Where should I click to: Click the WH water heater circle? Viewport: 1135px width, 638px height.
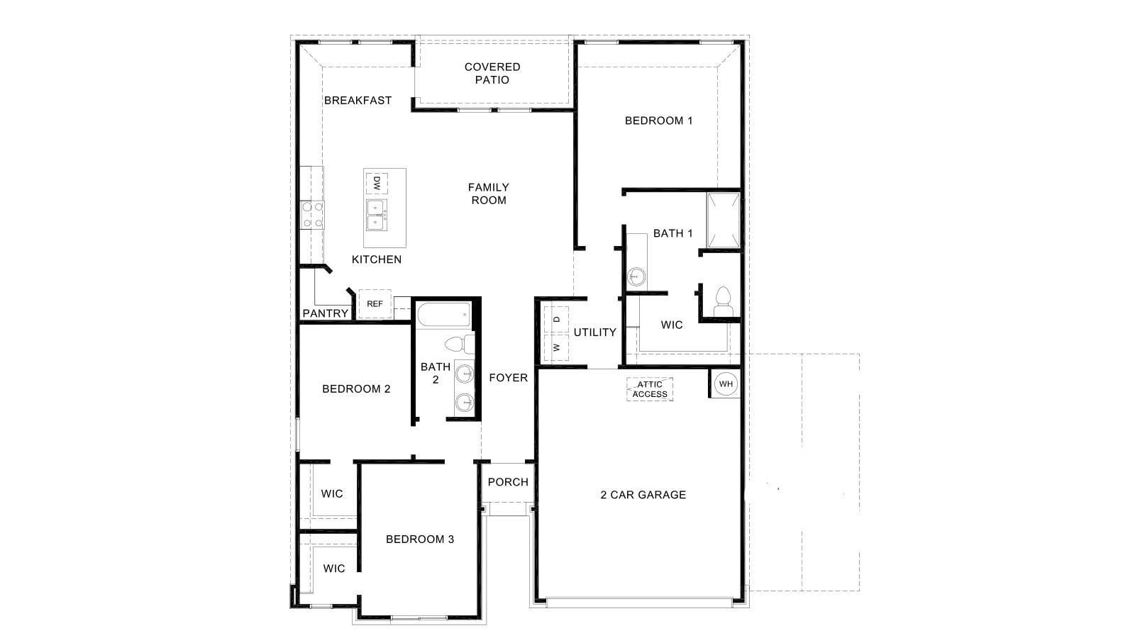point(725,384)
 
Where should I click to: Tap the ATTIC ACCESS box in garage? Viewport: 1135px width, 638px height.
point(650,389)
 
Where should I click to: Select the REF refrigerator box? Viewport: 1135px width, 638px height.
point(375,304)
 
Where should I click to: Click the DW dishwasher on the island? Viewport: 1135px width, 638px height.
point(377,183)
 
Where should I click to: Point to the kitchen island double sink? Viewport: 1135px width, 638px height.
point(376,215)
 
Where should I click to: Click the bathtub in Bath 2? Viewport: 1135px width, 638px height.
point(443,313)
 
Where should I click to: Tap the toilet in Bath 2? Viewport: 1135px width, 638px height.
point(458,345)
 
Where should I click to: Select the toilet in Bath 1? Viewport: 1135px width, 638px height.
point(722,301)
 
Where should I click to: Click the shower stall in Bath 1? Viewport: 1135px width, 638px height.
point(724,220)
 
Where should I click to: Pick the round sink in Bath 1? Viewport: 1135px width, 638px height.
point(636,276)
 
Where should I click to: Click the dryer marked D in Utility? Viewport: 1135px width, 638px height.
point(557,319)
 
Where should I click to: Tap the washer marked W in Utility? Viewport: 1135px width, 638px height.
point(557,347)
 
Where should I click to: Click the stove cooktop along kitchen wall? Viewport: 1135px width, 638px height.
point(312,215)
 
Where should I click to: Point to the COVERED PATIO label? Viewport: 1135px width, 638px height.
point(492,73)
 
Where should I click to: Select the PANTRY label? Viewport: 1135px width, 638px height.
point(326,313)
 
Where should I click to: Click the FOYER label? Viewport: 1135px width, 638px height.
point(509,378)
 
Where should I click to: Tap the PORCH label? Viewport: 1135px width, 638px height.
point(508,482)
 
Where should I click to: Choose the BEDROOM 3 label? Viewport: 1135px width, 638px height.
point(420,539)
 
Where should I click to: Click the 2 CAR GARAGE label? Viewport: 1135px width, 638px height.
point(643,495)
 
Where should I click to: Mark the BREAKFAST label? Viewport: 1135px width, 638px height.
point(358,101)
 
